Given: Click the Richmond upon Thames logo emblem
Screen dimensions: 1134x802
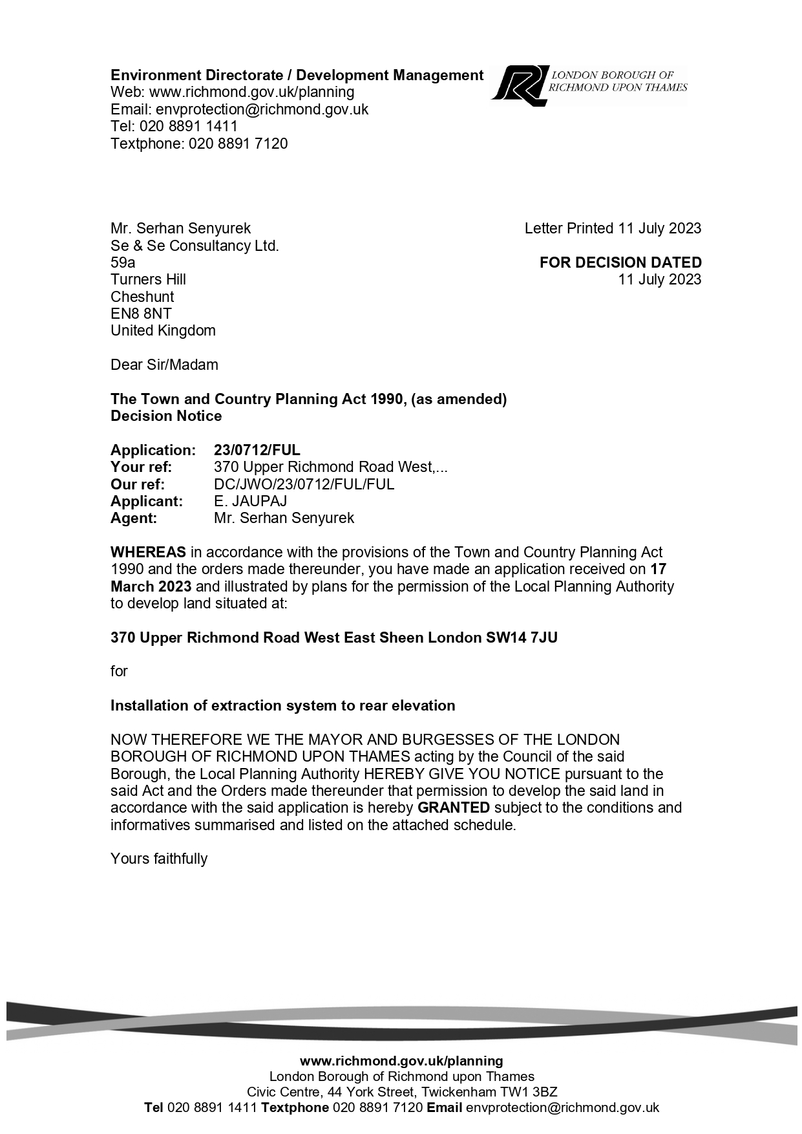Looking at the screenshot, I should coord(520,86).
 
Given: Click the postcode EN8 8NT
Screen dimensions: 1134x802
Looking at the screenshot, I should coord(141,314).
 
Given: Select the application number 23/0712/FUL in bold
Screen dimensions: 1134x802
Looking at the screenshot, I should coord(257,450).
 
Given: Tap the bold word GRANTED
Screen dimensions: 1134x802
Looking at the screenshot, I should coord(454,808).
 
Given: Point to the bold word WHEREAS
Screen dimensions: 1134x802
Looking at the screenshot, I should coord(148,552).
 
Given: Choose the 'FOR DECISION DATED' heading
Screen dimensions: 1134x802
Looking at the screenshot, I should coord(620,262).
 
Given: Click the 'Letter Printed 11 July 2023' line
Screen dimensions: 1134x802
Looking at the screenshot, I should coord(612,228).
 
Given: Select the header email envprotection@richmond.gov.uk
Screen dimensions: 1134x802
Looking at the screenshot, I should coord(262,109).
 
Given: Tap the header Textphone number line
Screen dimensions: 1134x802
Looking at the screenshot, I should coord(199,144).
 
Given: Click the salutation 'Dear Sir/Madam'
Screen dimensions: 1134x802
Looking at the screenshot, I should coord(164,365).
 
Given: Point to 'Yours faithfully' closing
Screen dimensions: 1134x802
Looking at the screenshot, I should coord(159,859).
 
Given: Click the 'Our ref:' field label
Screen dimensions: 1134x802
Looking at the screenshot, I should coord(138,484).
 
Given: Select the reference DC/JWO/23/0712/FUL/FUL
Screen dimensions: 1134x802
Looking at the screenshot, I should coord(304,484).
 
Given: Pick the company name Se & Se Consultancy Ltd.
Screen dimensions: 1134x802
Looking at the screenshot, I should coord(195,246).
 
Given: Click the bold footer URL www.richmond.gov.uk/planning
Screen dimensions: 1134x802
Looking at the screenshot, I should coord(401,1061).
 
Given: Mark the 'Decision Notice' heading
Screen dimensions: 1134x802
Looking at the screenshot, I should coord(166,416).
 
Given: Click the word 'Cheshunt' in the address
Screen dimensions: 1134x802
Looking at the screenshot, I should coord(142,297).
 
